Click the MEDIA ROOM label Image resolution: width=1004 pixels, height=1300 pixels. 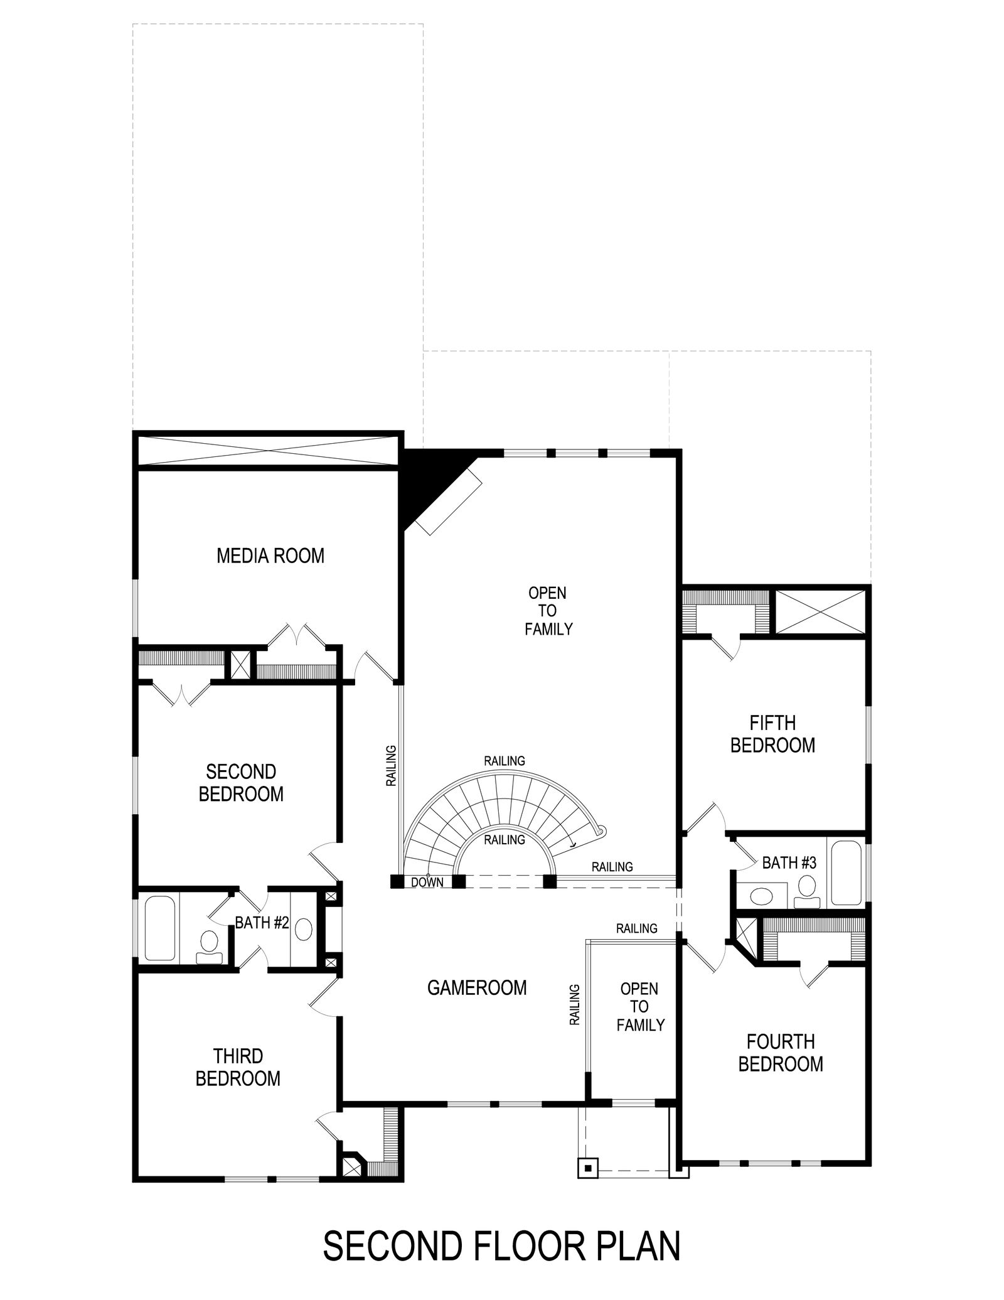tap(270, 556)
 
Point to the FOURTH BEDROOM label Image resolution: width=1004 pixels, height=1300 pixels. tap(781, 1053)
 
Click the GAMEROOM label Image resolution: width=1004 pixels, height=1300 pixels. tap(477, 987)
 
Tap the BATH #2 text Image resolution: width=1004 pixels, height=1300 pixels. tap(262, 923)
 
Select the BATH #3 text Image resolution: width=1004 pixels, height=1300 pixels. tap(789, 863)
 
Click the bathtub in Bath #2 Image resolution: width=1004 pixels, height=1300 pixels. tap(160, 937)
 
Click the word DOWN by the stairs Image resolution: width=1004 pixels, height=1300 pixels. tap(427, 882)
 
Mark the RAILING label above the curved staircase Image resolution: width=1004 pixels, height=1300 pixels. tap(505, 761)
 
